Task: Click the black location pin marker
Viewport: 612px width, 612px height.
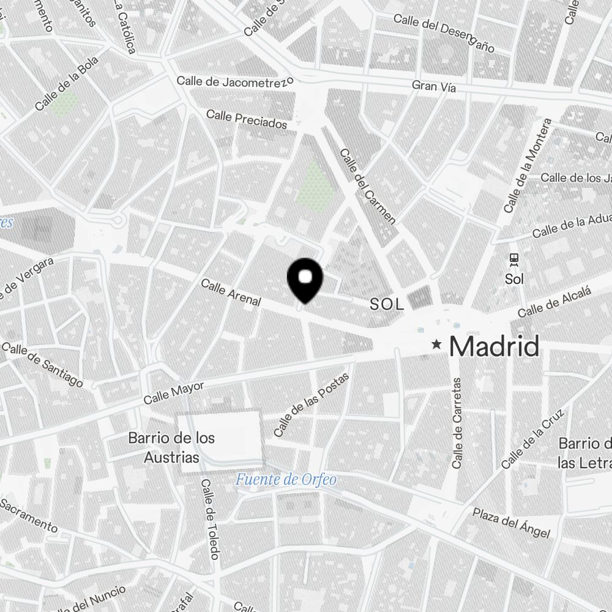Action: [305, 279]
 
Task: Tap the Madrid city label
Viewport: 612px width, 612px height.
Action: [494, 347]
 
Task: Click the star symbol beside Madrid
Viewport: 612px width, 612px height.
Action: [436, 345]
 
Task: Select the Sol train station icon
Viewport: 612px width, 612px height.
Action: [513, 259]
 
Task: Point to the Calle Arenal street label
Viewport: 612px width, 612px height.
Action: [231, 293]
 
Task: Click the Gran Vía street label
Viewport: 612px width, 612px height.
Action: [434, 87]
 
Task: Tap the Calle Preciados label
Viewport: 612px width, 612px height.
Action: [247, 119]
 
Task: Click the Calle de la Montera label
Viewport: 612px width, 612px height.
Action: [528, 166]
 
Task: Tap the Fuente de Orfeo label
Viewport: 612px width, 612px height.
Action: [286, 479]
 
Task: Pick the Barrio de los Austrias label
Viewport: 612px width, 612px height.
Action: [172, 448]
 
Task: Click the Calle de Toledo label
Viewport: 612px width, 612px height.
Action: [210, 519]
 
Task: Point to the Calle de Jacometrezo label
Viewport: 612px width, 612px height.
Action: [236, 81]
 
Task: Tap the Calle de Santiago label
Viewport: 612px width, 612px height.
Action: [42, 365]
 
